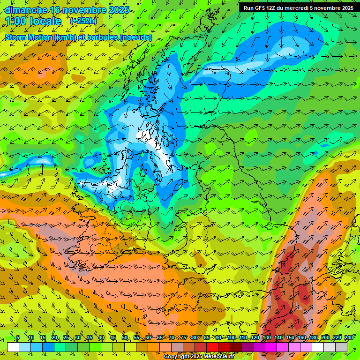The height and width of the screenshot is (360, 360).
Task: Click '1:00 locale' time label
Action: click(x=33, y=21)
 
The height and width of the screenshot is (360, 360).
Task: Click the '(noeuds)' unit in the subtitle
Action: click(x=135, y=37)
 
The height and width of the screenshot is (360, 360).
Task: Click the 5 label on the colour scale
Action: click(x=18, y=338)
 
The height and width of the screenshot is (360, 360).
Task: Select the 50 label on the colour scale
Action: click(x=125, y=338)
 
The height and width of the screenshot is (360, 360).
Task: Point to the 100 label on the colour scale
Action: click(x=232, y=338)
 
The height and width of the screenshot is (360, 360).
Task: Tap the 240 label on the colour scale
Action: click(x=349, y=338)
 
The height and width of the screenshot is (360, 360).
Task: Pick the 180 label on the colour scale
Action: click(x=313, y=338)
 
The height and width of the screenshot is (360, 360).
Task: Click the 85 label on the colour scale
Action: click(x=207, y=338)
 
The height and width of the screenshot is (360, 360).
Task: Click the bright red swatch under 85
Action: click(x=213, y=347)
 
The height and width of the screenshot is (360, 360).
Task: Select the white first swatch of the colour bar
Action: click(x=13, y=347)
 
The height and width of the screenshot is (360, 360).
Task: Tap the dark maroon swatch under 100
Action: click(x=236, y=347)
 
